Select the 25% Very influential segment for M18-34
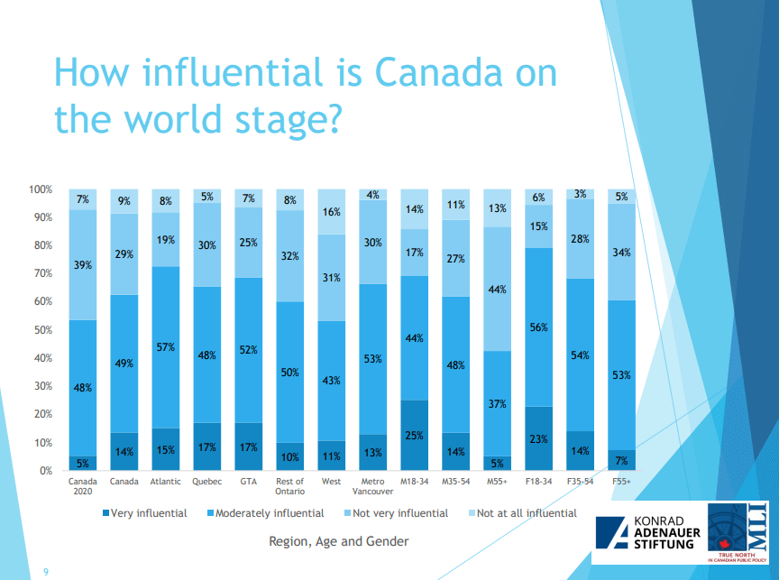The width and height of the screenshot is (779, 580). click(415, 435)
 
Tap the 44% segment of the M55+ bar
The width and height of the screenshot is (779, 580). click(498, 289)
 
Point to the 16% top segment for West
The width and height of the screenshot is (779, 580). click(332, 212)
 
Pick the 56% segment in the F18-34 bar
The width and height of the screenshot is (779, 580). click(539, 327)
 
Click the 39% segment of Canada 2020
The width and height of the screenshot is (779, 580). click(83, 264)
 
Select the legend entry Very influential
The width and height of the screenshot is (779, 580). click(143, 513)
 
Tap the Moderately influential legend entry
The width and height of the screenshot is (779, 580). click(267, 513)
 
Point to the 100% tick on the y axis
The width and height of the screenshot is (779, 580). click(41, 190)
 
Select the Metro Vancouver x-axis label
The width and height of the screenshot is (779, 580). click(373, 486)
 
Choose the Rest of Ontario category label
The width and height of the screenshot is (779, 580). click(290, 486)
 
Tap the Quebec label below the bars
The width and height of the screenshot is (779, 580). click(207, 482)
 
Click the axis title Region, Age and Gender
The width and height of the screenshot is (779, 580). click(338, 541)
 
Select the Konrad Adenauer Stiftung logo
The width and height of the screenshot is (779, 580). click(644, 534)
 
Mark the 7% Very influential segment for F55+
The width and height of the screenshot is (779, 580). click(622, 460)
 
